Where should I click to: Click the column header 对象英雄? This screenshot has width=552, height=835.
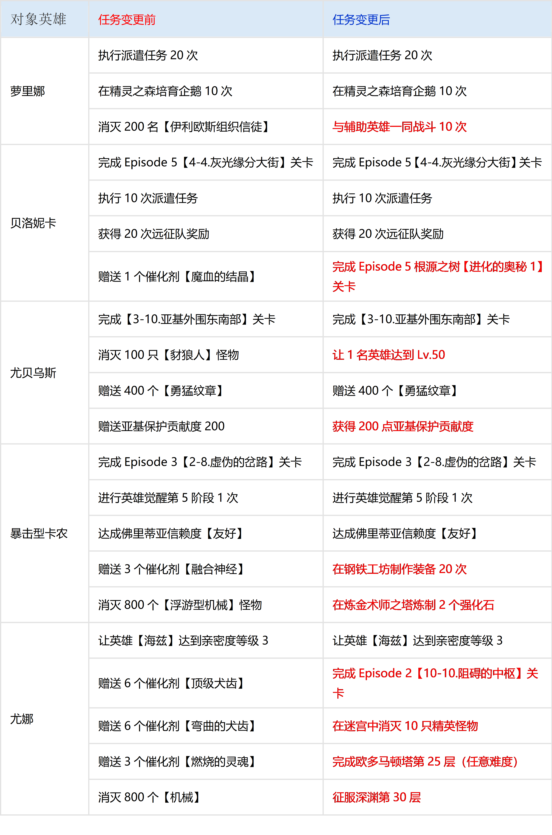(x=38, y=19)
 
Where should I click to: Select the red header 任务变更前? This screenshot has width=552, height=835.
(x=127, y=20)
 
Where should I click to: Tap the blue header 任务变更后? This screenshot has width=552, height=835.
(x=361, y=20)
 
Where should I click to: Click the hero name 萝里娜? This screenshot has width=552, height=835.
(x=27, y=91)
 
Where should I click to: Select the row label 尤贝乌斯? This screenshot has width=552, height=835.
(x=33, y=373)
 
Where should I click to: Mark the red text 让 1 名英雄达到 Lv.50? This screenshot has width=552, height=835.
(x=389, y=355)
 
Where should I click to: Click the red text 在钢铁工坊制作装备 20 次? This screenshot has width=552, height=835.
(x=400, y=569)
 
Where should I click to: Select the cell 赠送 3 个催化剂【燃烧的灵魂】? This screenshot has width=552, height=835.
(x=177, y=761)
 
